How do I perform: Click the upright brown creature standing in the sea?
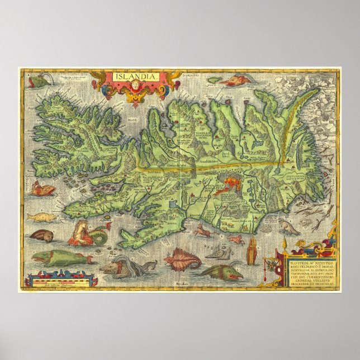coord(252,251)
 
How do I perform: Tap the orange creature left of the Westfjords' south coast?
coord(44,191)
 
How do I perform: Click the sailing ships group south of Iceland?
coord(220,253)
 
